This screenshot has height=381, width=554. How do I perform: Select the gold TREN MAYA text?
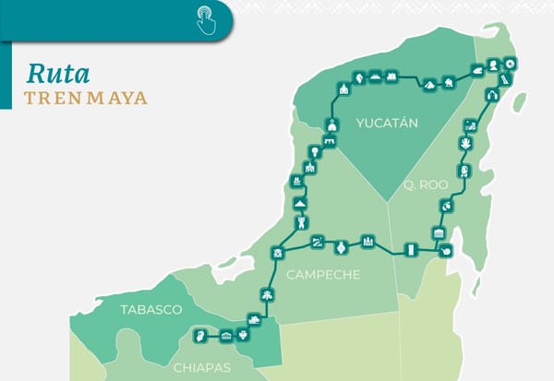click(x=86, y=98)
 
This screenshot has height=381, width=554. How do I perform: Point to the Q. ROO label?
click(x=425, y=185)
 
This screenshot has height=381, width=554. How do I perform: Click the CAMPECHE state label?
click(x=323, y=275)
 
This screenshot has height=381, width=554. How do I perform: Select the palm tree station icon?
click(x=267, y=295)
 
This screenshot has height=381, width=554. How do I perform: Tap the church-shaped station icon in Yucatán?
click(x=343, y=89)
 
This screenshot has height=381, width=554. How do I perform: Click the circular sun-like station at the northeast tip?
click(x=511, y=64)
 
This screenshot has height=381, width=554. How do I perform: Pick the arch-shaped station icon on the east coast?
click(x=491, y=95)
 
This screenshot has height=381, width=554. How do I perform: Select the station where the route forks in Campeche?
click(x=276, y=252)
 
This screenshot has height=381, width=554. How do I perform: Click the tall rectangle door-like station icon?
click(x=411, y=248)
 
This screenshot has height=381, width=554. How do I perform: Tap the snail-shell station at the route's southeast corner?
click(x=445, y=249)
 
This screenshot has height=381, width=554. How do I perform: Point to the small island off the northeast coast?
click(x=519, y=101)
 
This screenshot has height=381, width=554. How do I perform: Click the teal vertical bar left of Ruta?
click(x=7, y=84)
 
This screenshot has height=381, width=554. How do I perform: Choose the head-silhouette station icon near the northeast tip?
click(x=494, y=64)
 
